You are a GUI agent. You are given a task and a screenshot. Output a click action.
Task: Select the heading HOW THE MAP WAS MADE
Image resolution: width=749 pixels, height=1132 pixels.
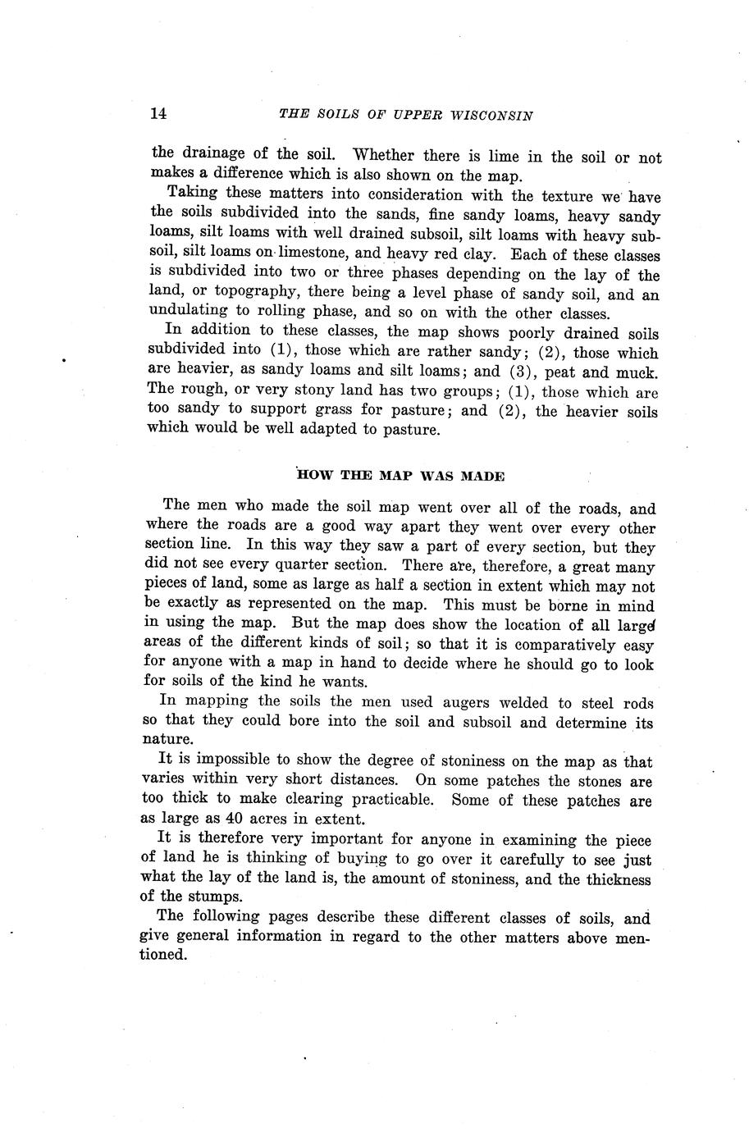click(x=400, y=476)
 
